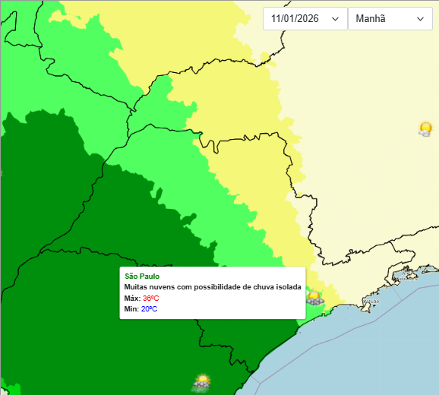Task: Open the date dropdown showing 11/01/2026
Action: tap(304, 18)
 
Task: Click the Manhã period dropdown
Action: tap(390, 18)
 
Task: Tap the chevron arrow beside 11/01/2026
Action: tap(335, 19)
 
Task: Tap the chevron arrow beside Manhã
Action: tap(420, 19)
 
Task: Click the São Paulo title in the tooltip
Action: tap(142, 276)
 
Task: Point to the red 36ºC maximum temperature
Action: tap(150, 299)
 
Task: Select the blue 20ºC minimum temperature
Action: tap(149, 309)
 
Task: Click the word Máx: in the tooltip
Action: tap(132, 299)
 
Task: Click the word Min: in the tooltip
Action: tap(131, 309)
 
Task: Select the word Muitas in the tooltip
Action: tap(135, 287)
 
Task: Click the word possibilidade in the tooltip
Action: tap(215, 287)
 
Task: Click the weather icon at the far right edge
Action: tap(425, 128)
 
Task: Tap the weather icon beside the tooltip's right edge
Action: tap(314, 297)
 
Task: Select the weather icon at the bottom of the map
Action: tap(201, 381)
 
